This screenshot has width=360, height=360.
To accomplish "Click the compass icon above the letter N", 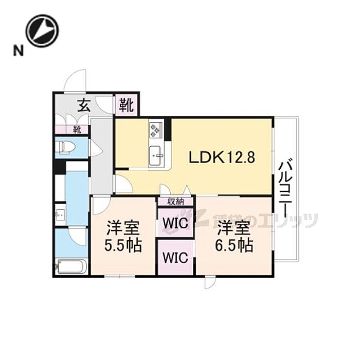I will coord(43,30).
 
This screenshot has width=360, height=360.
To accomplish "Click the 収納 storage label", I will coord(175,201).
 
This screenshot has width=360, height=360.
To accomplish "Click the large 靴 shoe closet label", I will coord(126,105).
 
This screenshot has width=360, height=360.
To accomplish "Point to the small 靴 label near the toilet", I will coord(76,130).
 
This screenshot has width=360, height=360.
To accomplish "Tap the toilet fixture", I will coord(65,148).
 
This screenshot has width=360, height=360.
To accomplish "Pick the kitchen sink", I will coord(156,155).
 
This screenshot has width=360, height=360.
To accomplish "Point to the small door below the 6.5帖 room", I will coord(211,282).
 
